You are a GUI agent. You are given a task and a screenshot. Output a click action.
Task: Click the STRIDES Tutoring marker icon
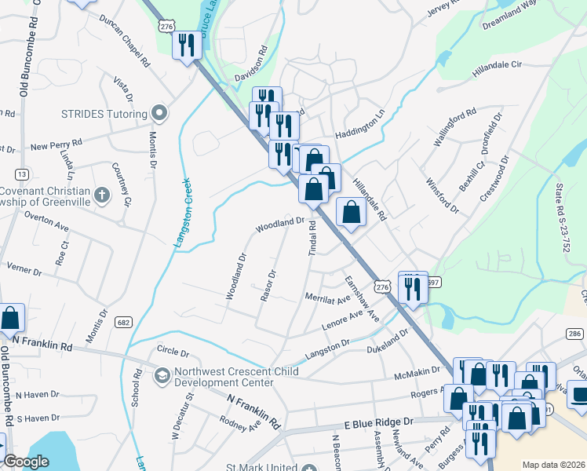[x=159, y=113]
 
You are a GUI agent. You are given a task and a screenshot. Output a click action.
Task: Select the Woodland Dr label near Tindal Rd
[x=278, y=225]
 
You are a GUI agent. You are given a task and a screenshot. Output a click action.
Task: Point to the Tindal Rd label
[x=312, y=237]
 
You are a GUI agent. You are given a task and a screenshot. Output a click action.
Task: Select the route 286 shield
[x=574, y=334]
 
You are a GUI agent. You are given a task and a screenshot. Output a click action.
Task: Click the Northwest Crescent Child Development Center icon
[x=162, y=375]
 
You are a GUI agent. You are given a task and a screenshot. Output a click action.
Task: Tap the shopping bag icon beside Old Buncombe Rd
[x=10, y=318]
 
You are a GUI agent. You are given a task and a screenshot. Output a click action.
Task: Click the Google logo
[x=26, y=462]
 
